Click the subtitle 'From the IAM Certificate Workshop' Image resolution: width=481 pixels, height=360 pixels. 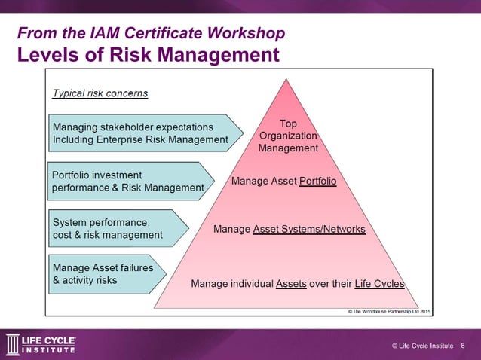tap(151, 34)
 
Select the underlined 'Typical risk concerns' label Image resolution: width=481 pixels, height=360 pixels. tap(100, 94)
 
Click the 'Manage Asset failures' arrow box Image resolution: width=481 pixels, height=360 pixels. tap(106, 274)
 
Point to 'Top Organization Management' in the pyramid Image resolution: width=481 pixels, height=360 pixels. tap(288, 136)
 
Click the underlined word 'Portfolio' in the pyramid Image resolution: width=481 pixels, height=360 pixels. tap(317, 182)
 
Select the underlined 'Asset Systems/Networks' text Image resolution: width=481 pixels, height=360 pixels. tap(309, 229)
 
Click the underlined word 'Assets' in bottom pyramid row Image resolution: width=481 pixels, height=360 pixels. tap(291, 284)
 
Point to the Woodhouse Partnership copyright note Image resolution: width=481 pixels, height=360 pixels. tap(388, 310)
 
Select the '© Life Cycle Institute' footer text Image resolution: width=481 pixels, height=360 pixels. tap(422, 346)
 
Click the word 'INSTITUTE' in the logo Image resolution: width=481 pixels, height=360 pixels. tap(50, 349)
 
